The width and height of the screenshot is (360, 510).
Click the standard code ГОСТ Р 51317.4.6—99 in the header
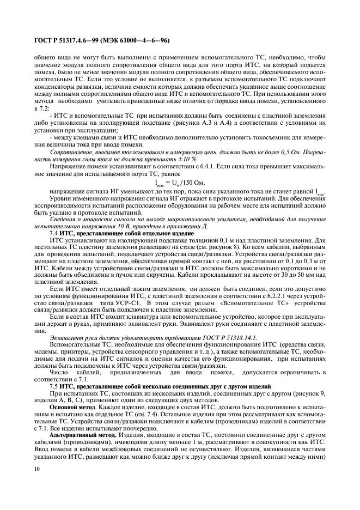pyautogui.click(x=65, y=40)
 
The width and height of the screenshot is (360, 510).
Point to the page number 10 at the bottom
pyautogui.click(x=37, y=467)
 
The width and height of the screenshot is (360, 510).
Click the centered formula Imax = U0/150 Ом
pyautogui.click(x=180, y=183)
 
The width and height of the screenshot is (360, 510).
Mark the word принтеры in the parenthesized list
pyautogui.click(x=87, y=352)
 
